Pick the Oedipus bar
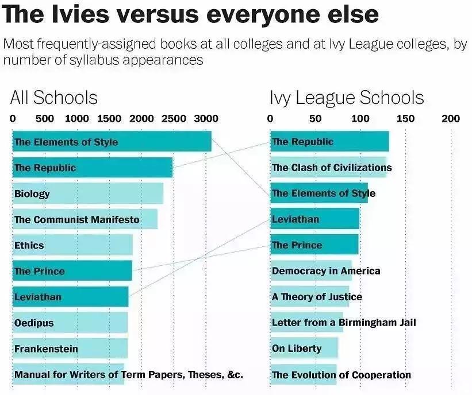point(70,323)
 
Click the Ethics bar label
point(29,245)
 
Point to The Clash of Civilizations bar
point(328,168)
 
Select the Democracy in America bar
point(311,271)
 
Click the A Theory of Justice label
point(317,297)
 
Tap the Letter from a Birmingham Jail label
point(344,323)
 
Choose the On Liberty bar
point(304,348)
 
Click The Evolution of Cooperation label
point(341,375)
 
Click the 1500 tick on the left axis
point(109,119)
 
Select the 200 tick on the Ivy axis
point(451,119)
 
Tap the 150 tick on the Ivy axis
point(405,119)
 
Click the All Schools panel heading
point(54,98)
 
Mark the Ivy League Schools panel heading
point(347,98)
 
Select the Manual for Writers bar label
point(128,375)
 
